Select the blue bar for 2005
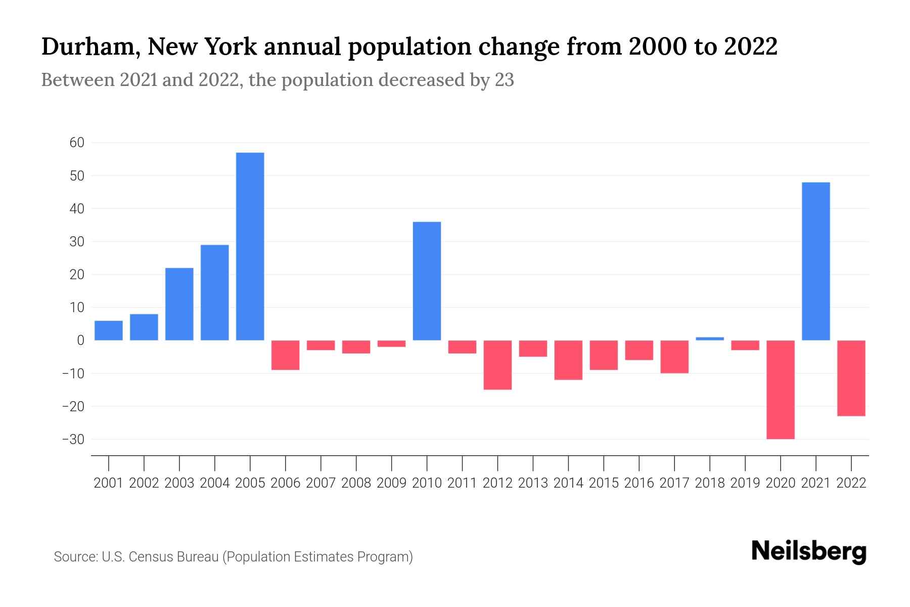(250, 246)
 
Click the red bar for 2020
(781, 389)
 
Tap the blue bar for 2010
(427, 281)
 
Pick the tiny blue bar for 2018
(710, 338)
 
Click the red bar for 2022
(851, 378)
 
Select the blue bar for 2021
(816, 262)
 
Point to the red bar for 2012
(497, 365)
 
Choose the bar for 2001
(109, 330)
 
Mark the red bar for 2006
(285, 355)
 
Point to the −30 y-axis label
(73, 439)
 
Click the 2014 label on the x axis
(568, 483)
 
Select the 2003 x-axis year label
(179, 483)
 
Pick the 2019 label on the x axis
(745, 483)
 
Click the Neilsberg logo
(809, 551)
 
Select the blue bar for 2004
(214, 292)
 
